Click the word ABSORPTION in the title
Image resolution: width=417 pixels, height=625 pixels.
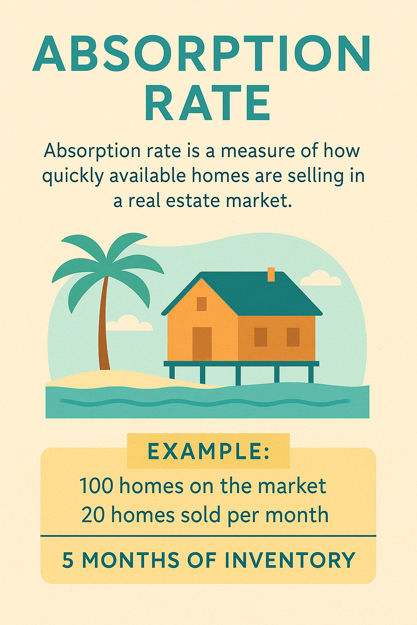tap(202, 54)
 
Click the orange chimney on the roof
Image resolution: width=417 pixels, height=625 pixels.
tap(271, 274)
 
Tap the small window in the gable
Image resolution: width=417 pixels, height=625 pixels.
tap(202, 304)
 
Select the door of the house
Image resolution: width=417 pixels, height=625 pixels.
tap(202, 344)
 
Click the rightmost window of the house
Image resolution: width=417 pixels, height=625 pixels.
tap(293, 337)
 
